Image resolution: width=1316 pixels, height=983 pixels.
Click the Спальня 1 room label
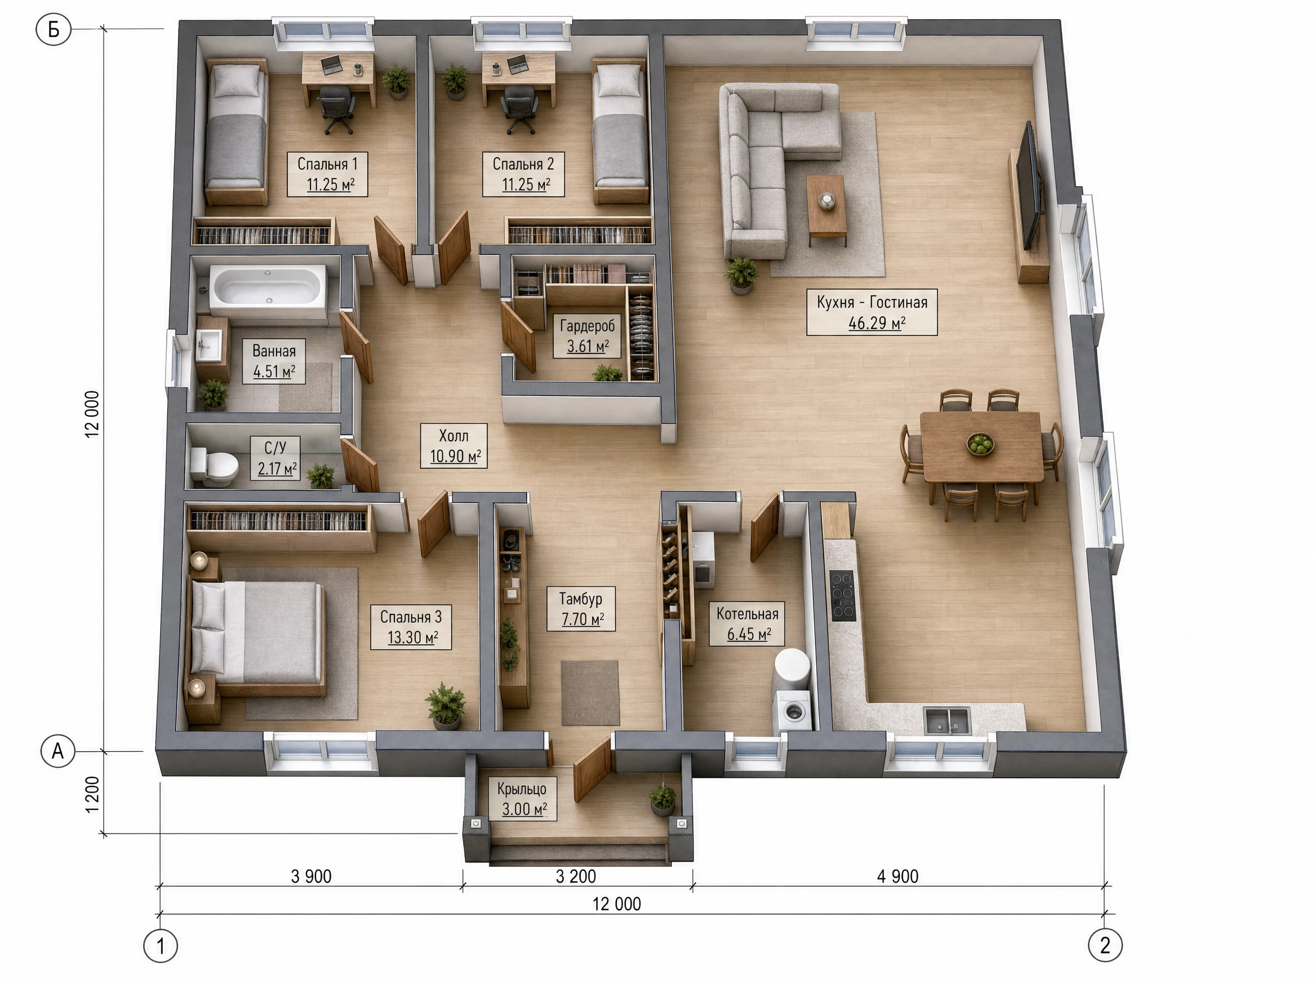tap(327, 163)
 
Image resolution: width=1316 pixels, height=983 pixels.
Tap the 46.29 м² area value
tap(877, 323)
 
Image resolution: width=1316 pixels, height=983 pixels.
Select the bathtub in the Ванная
tap(268, 291)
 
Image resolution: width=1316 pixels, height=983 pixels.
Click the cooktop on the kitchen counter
tap(842, 596)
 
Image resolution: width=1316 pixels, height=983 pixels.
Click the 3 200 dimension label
tap(576, 876)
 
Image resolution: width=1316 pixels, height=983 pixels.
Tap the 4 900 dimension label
tap(897, 876)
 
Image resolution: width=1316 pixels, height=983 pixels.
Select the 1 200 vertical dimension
tap(92, 794)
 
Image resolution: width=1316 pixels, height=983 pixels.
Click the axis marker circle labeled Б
tap(54, 29)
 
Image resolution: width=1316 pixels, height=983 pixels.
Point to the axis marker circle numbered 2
tap(1105, 945)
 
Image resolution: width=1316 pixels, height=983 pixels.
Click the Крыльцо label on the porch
tap(522, 789)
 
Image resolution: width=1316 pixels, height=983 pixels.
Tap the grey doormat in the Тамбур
tap(590, 693)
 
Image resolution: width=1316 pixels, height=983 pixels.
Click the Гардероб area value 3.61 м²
tap(588, 346)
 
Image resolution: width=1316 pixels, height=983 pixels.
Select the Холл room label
tap(453, 436)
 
